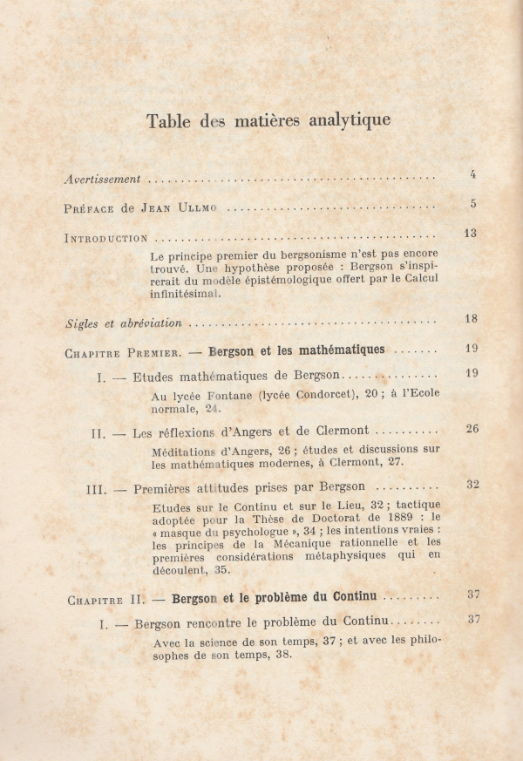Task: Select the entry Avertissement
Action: pyautogui.click(x=103, y=179)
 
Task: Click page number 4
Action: pyautogui.click(x=472, y=174)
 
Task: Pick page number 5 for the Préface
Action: pyautogui.click(x=472, y=204)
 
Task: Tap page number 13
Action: pyautogui.click(x=471, y=233)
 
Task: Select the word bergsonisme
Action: pyautogui.click(x=296, y=256)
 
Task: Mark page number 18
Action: pyautogui.click(x=471, y=319)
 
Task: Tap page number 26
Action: pyautogui.click(x=472, y=428)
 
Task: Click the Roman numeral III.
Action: pyautogui.click(x=96, y=489)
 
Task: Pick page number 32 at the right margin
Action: pyautogui.click(x=472, y=484)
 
